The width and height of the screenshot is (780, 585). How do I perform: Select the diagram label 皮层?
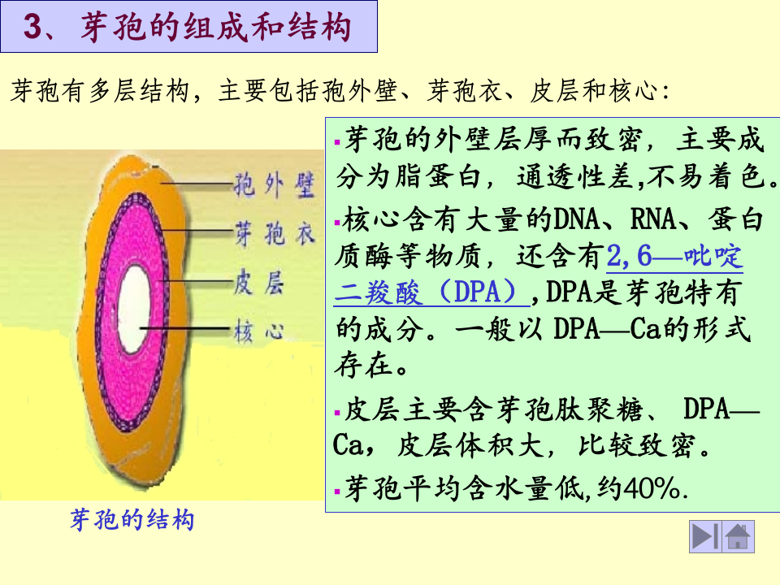click(257, 283)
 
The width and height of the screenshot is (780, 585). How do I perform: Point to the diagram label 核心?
click(257, 331)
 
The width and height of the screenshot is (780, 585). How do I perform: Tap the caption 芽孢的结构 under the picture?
click(132, 521)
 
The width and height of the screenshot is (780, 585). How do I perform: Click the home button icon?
click(738, 536)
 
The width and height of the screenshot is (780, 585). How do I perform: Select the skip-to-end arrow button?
click(704, 536)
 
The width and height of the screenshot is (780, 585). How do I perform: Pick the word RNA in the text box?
click(649, 219)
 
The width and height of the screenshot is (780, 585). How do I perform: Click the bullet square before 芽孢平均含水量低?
click(337, 491)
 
